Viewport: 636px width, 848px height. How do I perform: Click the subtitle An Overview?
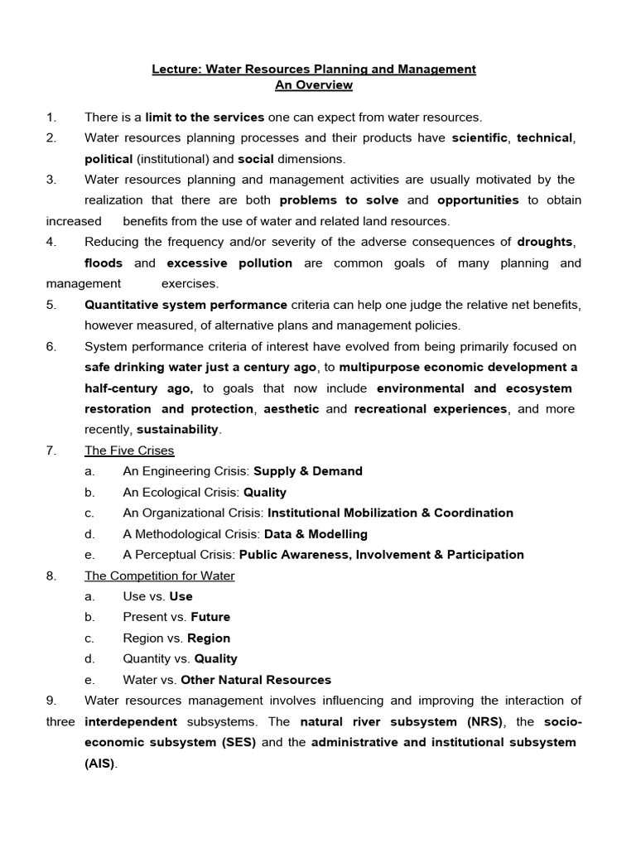click(x=314, y=85)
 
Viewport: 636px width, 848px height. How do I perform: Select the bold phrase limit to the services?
click(x=205, y=117)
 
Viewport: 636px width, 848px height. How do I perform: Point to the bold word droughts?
click(x=546, y=242)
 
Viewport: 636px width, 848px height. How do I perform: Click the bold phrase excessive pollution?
click(x=229, y=263)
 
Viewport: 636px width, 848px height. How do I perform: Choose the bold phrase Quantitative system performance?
click(x=185, y=304)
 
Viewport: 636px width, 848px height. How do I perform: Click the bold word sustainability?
click(x=177, y=429)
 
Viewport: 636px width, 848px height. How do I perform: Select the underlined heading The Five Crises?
click(x=129, y=450)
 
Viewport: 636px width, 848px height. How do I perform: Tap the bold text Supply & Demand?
click(x=308, y=471)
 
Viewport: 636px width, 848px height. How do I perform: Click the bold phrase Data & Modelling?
click(x=316, y=534)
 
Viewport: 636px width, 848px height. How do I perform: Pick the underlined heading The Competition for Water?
click(x=160, y=576)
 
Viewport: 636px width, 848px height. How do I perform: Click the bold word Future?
click(x=210, y=617)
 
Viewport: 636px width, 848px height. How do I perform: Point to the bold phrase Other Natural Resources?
click(x=256, y=680)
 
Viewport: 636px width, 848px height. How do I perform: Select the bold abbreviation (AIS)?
click(x=100, y=764)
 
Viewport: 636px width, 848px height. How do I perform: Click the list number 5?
click(x=51, y=304)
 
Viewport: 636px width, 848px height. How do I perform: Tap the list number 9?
click(x=51, y=701)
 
